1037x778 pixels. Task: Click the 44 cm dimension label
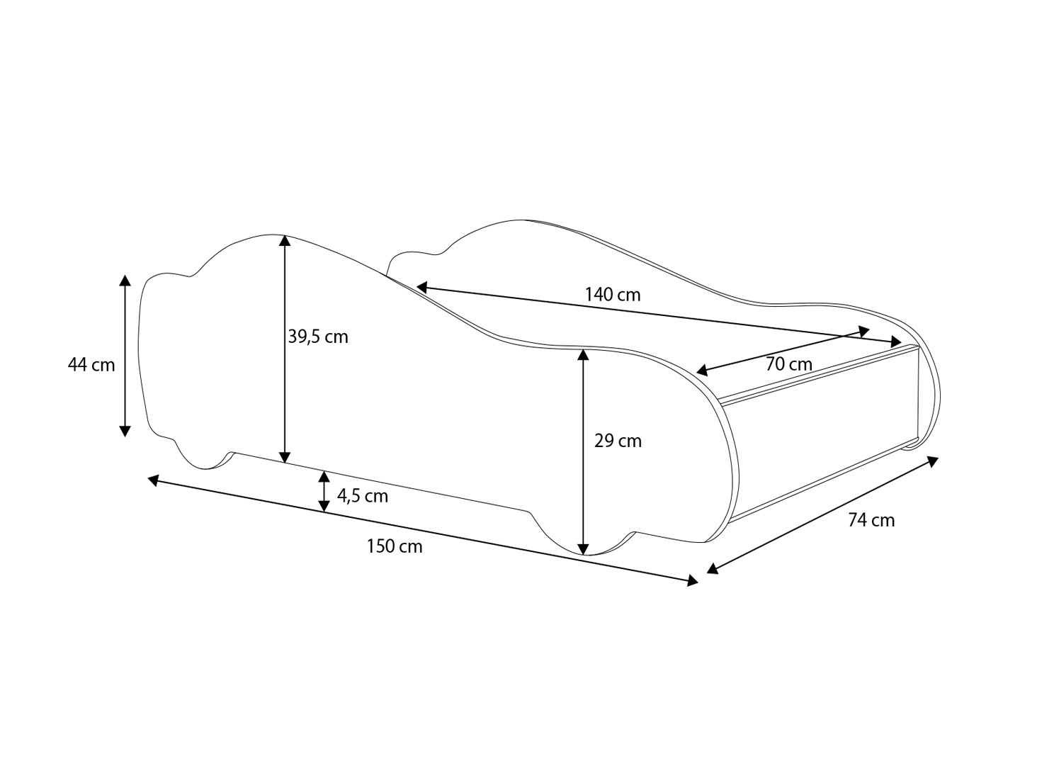tap(91, 365)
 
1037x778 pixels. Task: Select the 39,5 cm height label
tap(318, 337)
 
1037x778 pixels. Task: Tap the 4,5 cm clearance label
tap(363, 496)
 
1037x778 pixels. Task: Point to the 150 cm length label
tap(395, 546)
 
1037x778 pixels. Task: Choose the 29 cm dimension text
tap(618, 441)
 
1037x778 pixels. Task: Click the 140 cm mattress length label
tap(613, 294)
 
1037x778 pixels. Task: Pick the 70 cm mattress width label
tap(789, 364)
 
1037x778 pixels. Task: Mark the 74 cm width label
tap(871, 520)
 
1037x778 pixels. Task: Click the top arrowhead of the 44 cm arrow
tap(125, 279)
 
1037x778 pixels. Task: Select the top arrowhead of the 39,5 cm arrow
tap(285, 239)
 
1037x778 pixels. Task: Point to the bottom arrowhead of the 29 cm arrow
tap(583, 548)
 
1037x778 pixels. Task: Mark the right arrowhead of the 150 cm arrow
tap(692, 581)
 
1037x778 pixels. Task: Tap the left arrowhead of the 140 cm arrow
tap(421, 287)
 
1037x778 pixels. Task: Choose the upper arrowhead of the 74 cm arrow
tap(933, 462)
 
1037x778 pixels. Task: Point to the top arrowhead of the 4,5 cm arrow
tap(324, 475)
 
